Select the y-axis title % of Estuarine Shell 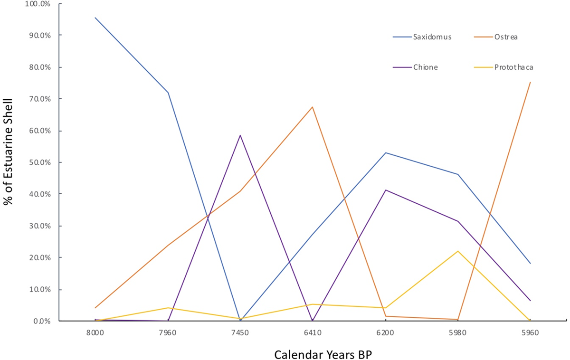[x=8, y=152]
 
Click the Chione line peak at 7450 [x=240, y=135]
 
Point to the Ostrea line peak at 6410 [x=313, y=107]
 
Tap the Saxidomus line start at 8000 [x=95, y=18]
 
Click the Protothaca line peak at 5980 [x=458, y=251]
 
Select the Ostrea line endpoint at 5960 [x=530, y=82]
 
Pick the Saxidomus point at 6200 [x=385, y=152]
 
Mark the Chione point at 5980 [x=458, y=221]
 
